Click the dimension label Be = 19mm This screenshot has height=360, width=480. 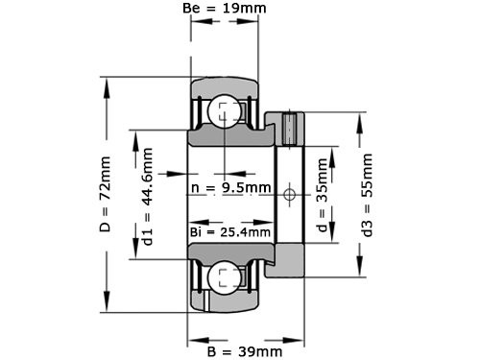[x=225, y=11]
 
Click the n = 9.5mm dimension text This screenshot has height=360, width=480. [x=230, y=188]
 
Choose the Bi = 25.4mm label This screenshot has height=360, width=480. [x=229, y=232]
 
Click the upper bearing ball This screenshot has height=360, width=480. [x=226, y=111]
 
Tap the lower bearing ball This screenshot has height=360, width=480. [x=226, y=278]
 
